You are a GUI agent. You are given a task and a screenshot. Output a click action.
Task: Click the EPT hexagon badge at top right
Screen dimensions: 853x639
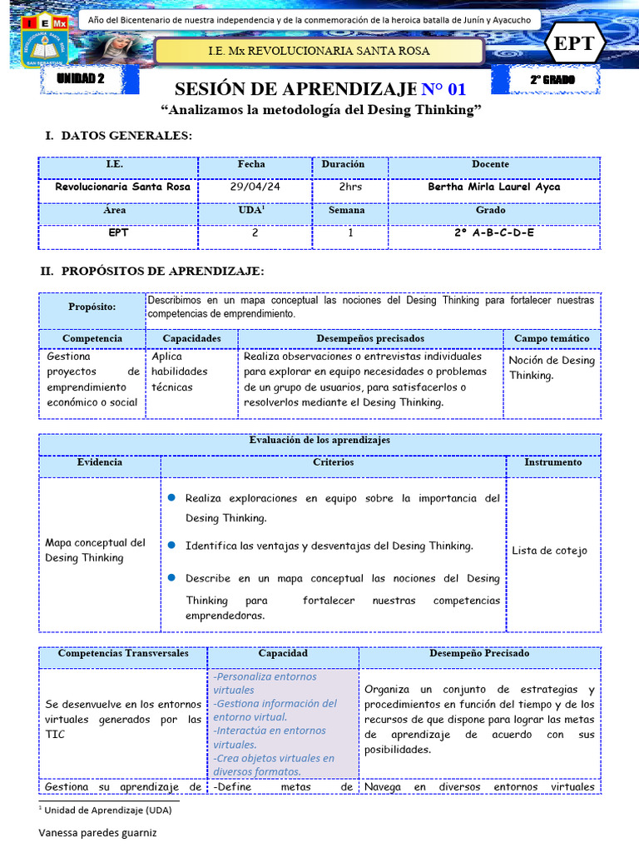point(575,44)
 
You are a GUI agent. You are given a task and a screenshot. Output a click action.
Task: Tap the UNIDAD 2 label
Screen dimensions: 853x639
point(81,79)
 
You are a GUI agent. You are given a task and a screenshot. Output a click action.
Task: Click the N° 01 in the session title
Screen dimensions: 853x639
point(443,90)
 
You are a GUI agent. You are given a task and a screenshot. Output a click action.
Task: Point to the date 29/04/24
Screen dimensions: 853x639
point(255,187)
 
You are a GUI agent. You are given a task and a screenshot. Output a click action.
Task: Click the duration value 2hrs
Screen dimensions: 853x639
point(350,187)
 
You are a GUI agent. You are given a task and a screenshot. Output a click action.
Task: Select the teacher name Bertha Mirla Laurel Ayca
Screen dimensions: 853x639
point(493,187)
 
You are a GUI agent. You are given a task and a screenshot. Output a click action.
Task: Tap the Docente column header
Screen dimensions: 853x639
point(490,165)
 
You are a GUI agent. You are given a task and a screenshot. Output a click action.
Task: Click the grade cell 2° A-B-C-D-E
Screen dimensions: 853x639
point(493,233)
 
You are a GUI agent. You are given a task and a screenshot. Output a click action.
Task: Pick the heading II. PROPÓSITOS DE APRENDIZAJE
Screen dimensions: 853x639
point(152,272)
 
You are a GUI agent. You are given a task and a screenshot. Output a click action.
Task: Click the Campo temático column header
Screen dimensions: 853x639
point(551,338)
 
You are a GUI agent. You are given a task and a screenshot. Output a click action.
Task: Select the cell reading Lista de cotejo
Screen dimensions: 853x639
point(549,551)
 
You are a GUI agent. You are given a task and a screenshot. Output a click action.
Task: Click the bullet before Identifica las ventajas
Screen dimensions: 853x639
point(171,545)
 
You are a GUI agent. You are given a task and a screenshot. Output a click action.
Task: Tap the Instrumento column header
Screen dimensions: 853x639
point(552,461)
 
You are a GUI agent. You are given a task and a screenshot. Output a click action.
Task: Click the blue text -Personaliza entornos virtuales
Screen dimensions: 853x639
point(265,683)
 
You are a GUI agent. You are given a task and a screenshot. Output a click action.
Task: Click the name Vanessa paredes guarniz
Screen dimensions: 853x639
point(97,832)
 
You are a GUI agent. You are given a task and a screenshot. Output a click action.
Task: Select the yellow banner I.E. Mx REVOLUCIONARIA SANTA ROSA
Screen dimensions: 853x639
point(319,52)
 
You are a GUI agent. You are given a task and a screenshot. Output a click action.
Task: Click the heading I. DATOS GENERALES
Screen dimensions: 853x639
point(117,136)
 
